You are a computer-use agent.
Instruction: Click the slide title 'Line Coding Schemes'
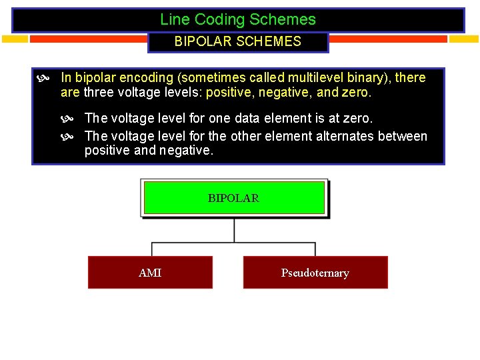[x=238, y=20]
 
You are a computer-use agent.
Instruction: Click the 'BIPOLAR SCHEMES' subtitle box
[x=238, y=42]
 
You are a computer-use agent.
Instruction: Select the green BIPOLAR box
[x=234, y=198]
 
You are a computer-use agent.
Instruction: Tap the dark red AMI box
[x=150, y=273]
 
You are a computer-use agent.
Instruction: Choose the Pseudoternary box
[x=315, y=273]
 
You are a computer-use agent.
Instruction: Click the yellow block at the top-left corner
[x=15, y=39]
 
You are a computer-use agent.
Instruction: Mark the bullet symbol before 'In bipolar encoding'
[x=43, y=79]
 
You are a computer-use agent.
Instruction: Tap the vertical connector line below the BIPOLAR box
[x=234, y=230]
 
